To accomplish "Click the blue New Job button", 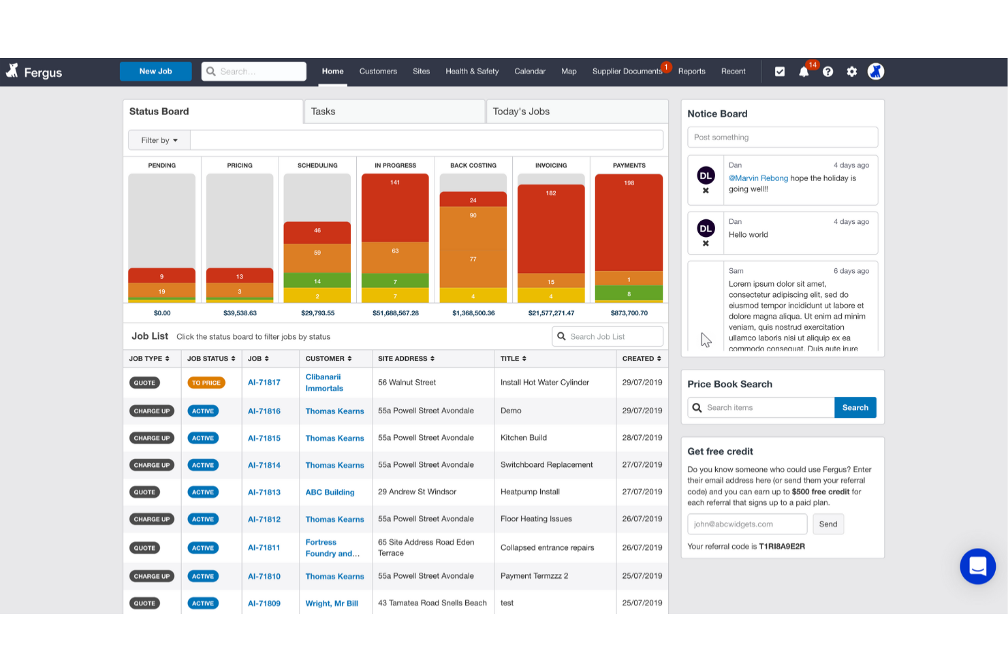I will click(x=155, y=71).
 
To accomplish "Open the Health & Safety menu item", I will click(x=472, y=71).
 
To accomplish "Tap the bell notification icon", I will click(x=804, y=72).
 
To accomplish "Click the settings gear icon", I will click(x=851, y=72).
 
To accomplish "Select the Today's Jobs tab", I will click(x=521, y=112).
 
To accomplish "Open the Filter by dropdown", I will click(x=159, y=140).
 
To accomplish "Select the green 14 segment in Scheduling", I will click(x=317, y=281).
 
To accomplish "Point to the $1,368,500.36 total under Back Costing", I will click(x=473, y=313).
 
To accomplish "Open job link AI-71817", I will click(x=264, y=383).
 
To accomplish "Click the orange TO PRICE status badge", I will click(x=206, y=383).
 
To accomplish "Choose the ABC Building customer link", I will click(x=330, y=492).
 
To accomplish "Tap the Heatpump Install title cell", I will click(x=530, y=492).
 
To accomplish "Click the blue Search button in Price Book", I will click(x=855, y=408).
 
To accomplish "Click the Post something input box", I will click(x=782, y=138).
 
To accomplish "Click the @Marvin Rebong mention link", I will click(x=758, y=178).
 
